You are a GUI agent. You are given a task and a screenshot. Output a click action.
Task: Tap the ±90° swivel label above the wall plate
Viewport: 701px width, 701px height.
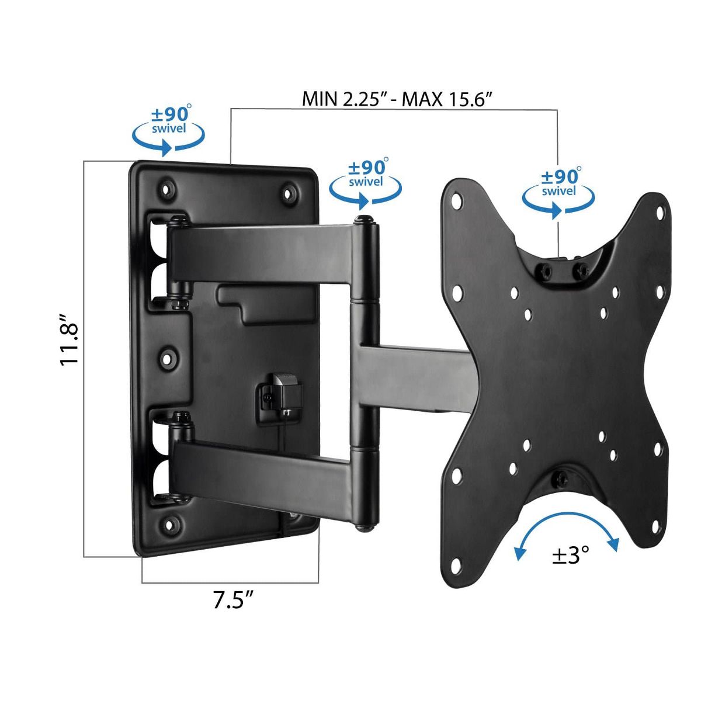click(168, 130)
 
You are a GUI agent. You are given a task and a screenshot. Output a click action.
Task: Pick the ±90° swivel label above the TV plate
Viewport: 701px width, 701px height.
click(558, 192)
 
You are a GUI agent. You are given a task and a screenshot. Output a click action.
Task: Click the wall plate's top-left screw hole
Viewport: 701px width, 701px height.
click(166, 190)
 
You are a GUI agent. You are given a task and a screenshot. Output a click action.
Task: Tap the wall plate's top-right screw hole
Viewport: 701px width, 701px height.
click(288, 193)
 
